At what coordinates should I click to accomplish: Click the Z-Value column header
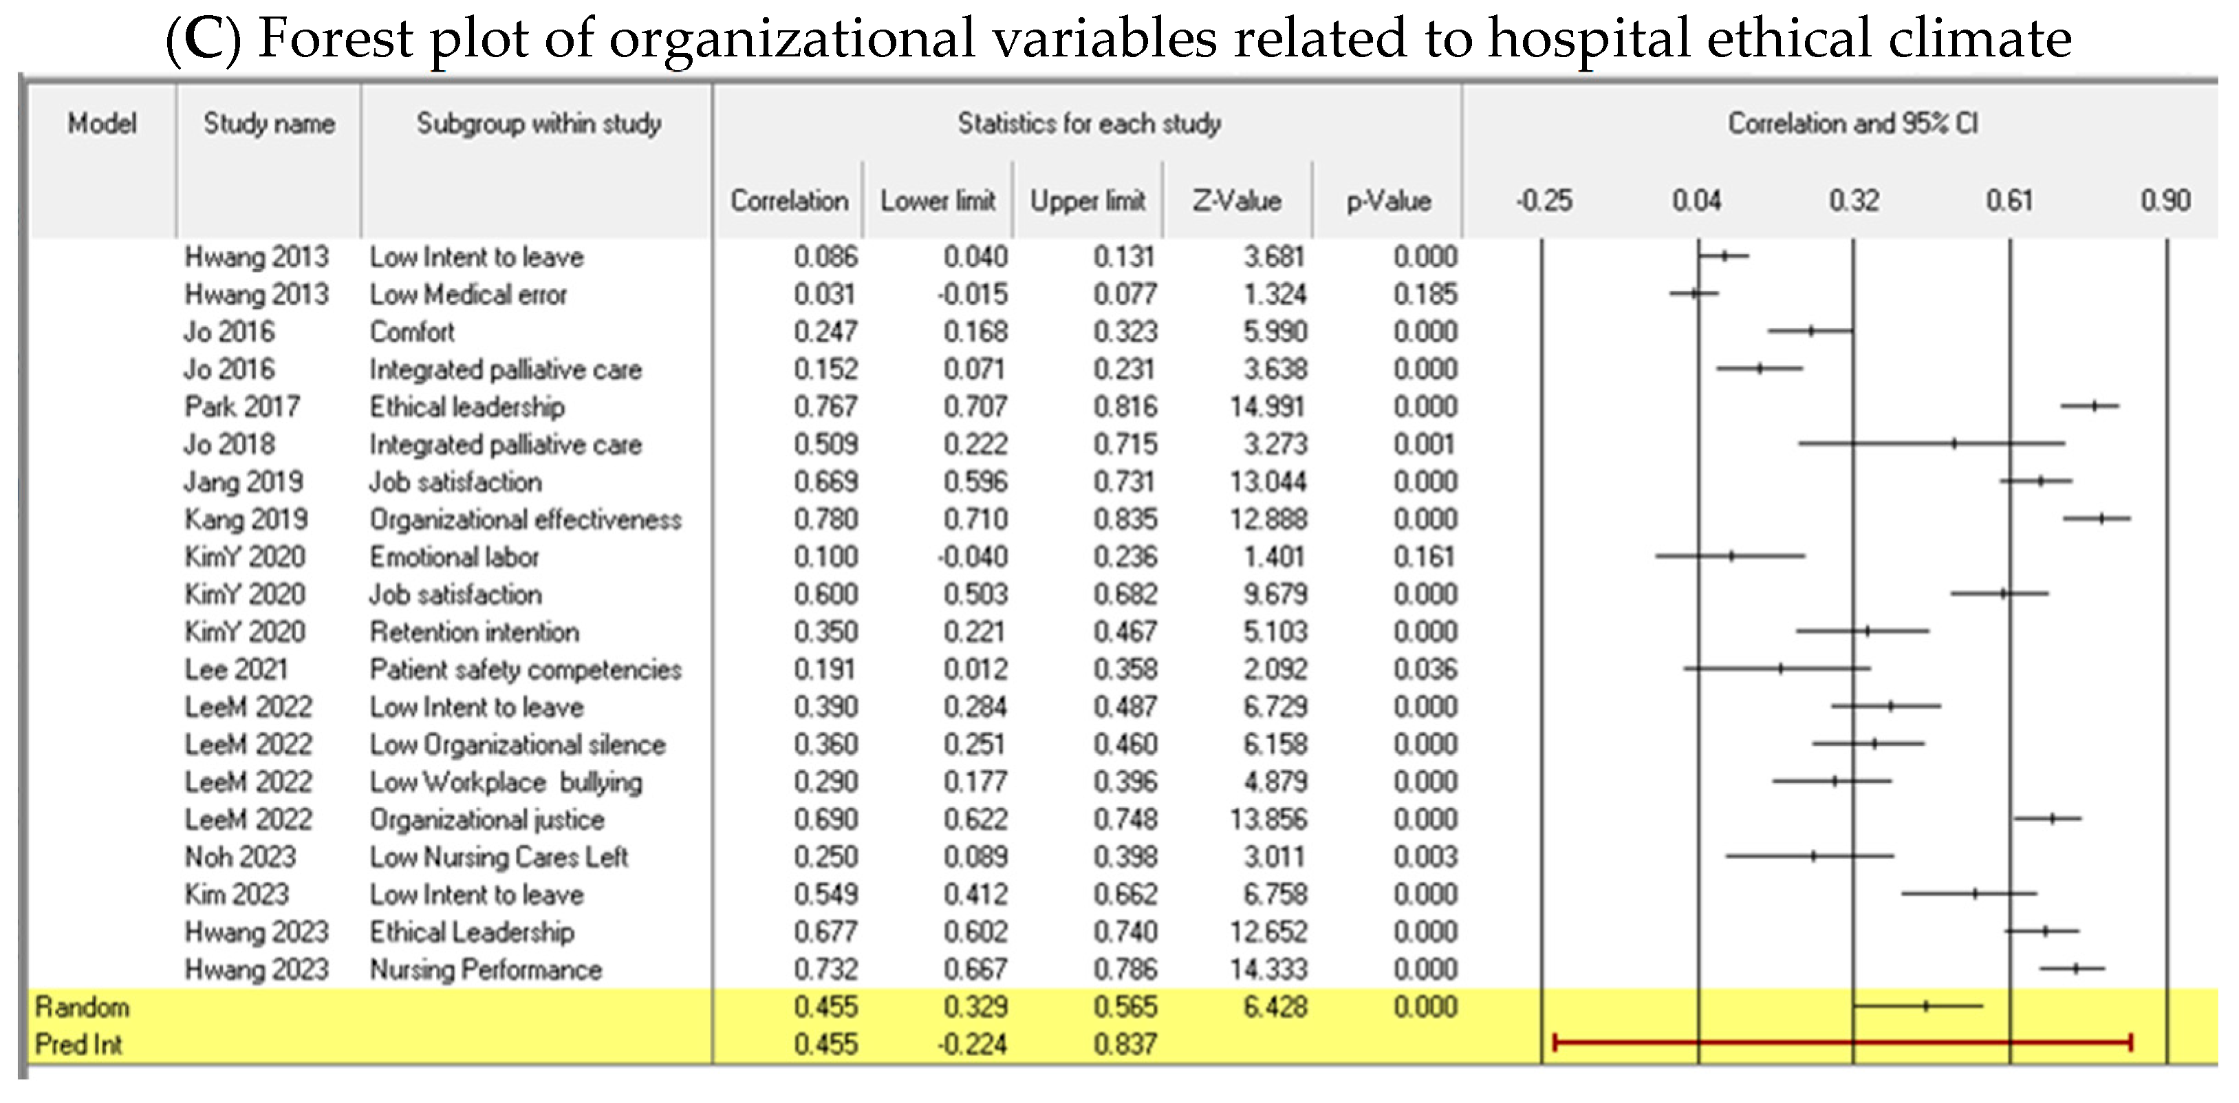tap(1236, 201)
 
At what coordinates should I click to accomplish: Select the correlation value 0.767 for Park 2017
tap(825, 407)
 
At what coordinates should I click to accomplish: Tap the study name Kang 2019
tap(246, 520)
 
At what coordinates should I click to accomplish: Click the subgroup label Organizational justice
tap(487, 820)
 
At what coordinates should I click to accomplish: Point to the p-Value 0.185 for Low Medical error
tap(1425, 295)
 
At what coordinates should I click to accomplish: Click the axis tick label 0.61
tap(2009, 201)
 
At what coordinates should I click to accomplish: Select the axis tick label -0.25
tap(1544, 201)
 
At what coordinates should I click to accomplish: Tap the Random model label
tap(83, 1007)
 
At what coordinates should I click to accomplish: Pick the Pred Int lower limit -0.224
tap(972, 1044)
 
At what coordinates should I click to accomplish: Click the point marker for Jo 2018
tap(1954, 444)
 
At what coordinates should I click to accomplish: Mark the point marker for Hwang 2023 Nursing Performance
tap(2075, 968)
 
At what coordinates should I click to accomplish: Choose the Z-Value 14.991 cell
tap(1268, 407)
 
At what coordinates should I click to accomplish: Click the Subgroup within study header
tap(538, 123)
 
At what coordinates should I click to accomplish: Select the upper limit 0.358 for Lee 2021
tap(1125, 670)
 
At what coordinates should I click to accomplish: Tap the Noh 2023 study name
tap(240, 857)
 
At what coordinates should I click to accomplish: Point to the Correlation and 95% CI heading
tap(1852, 123)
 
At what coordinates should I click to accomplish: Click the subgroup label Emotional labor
tap(454, 557)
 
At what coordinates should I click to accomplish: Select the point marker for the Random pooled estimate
tap(1925, 1006)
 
